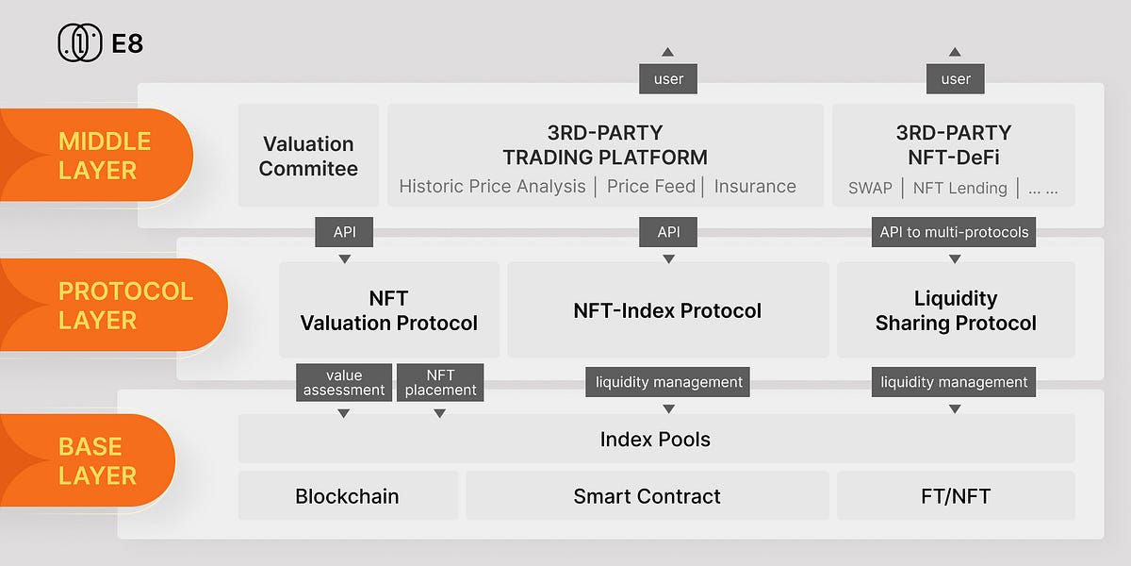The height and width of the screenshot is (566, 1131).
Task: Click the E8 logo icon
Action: (80, 43)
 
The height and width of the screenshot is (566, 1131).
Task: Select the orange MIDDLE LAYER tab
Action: (104, 156)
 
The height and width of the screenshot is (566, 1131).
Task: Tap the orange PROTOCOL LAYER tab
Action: (123, 305)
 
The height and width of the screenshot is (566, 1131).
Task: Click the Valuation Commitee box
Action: (308, 156)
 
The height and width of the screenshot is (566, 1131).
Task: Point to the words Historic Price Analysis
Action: (492, 187)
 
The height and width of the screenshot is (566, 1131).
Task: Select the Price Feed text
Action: (651, 187)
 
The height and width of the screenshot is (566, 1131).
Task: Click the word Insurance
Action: (755, 187)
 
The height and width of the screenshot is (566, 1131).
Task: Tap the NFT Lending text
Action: (959, 188)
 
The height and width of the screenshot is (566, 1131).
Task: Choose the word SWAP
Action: (870, 188)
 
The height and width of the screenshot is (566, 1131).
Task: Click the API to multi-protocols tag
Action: (954, 232)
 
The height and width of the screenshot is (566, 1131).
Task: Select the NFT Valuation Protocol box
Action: (389, 310)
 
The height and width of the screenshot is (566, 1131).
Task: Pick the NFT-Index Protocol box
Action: (667, 310)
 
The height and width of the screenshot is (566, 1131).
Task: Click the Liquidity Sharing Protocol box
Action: (956, 310)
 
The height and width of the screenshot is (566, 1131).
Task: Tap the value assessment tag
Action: (344, 382)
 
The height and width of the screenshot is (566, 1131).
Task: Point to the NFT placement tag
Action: (440, 382)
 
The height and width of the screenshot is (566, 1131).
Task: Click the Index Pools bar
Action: (655, 439)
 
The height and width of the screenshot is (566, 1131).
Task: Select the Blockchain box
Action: (347, 496)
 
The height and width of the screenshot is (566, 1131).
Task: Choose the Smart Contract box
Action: (647, 496)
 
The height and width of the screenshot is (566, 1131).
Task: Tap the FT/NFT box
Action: (956, 496)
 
